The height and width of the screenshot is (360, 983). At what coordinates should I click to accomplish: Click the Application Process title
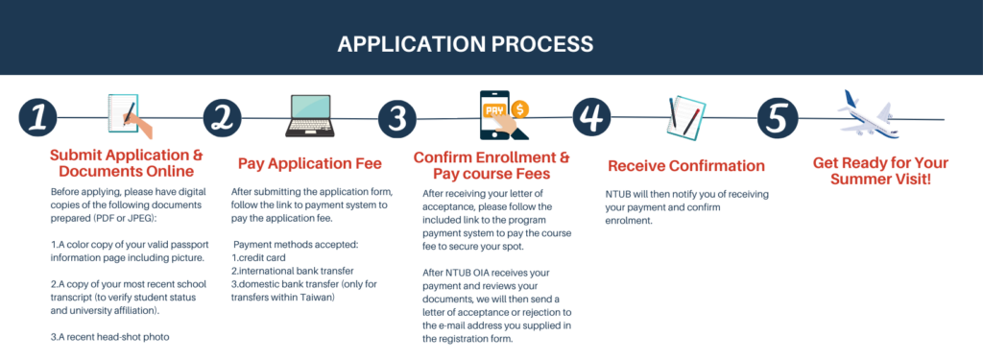465,44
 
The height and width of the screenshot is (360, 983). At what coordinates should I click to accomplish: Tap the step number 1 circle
38,118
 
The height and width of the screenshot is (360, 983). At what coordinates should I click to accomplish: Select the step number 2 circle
223,118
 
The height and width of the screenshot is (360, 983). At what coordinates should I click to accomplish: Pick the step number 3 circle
397,119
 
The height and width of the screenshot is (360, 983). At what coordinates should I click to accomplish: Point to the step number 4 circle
591,118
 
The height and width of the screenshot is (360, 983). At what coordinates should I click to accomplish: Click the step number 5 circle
778,118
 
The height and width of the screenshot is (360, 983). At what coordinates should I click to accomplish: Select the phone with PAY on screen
495,115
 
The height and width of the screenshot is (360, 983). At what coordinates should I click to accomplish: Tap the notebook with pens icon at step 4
685,117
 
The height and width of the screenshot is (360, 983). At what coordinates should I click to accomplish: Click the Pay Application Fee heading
309,163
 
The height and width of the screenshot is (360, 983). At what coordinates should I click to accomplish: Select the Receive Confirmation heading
685,165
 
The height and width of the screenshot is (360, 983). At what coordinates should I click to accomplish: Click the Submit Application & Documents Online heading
126,163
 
